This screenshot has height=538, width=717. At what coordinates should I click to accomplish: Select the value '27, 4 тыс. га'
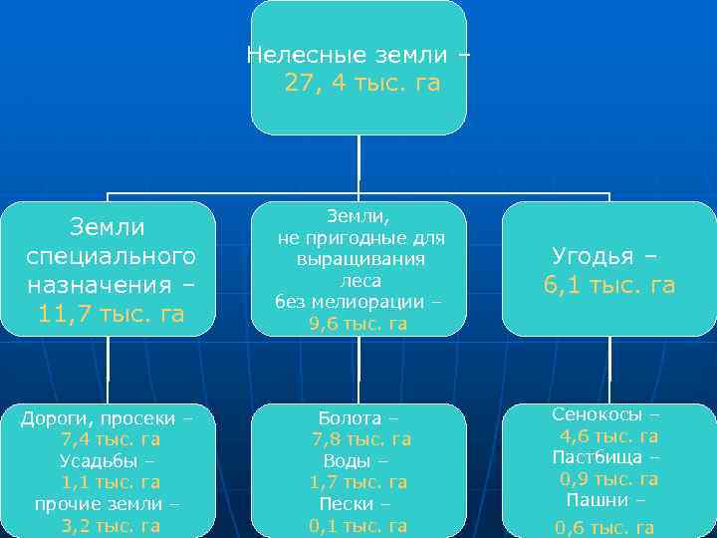(361, 84)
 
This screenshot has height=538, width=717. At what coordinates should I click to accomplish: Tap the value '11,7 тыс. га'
(111, 315)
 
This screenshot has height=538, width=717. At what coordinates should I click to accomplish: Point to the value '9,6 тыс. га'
(358, 323)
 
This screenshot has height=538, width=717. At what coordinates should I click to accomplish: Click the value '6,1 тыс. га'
(608, 285)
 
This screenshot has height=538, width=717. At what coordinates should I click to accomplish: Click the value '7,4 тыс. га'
(111, 439)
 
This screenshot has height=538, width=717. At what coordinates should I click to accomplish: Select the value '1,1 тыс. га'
(111, 482)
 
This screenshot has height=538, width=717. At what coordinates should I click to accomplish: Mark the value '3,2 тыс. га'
(111, 525)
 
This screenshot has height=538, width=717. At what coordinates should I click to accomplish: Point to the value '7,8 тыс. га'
(360, 439)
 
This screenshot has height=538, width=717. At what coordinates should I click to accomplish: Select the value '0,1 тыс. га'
(358, 525)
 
